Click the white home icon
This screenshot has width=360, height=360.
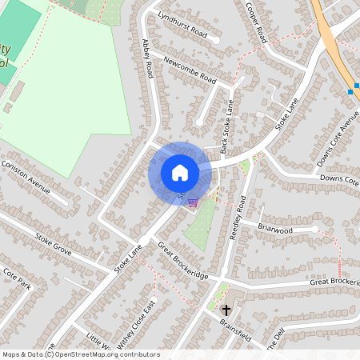point(180,173)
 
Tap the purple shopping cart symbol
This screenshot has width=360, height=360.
point(192,202)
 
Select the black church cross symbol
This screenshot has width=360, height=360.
point(226,309)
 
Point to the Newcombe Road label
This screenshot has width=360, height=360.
point(189,69)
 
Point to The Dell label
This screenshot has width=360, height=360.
point(276,340)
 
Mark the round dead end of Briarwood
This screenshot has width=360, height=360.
point(316,230)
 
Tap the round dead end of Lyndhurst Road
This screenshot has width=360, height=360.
point(216,38)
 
